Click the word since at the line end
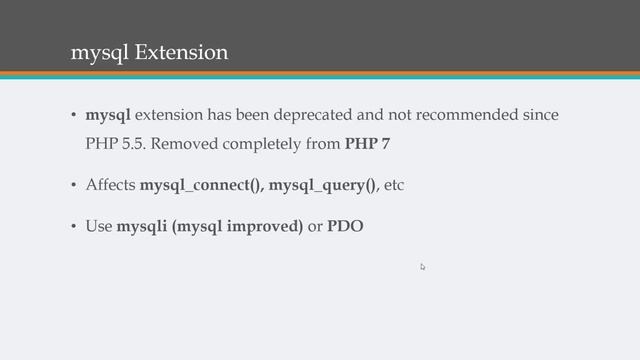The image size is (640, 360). click(x=540, y=115)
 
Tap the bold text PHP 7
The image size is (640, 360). click(x=367, y=144)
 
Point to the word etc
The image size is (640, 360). click(x=393, y=186)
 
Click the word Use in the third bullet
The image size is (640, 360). click(x=99, y=227)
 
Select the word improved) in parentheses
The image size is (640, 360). click(x=264, y=227)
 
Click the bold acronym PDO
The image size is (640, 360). click(x=345, y=227)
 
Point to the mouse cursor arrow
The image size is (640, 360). click(x=423, y=267)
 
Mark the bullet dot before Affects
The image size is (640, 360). click(x=72, y=187)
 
